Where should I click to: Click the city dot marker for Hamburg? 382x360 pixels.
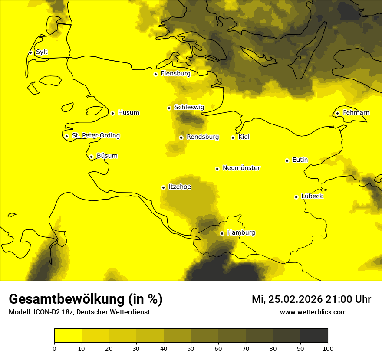222,233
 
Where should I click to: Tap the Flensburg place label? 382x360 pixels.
175,74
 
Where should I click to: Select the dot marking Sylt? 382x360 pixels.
30,52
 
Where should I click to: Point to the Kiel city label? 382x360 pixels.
244,137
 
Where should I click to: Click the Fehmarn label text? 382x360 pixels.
356,113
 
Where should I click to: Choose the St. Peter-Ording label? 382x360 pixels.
95,136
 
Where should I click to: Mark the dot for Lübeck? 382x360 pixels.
296,197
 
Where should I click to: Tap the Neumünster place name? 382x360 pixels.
241,168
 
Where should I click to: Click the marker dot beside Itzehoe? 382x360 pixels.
163,187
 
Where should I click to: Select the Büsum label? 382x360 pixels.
107,156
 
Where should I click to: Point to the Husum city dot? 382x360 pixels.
112,113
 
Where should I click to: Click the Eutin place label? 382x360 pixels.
300,160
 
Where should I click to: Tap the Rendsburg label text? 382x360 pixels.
203,137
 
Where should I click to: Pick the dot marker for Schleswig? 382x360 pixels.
169,108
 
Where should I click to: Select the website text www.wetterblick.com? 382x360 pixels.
313,312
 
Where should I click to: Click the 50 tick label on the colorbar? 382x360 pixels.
191,348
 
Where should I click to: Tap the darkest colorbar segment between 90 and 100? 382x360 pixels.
314,336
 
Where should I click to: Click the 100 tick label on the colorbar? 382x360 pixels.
328,348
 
